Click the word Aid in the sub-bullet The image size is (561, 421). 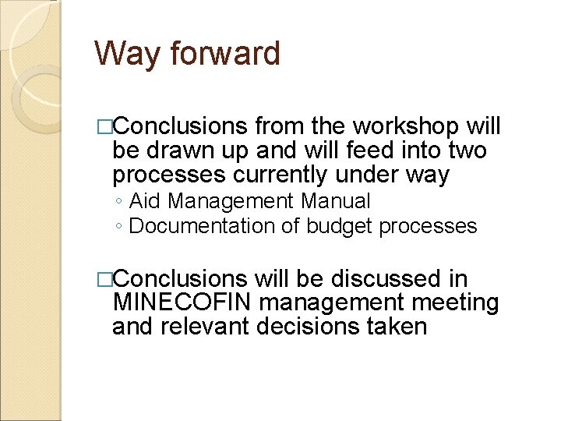[x=146, y=201]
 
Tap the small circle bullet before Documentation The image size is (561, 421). [x=117, y=227]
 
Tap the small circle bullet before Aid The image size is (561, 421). [x=117, y=202]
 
